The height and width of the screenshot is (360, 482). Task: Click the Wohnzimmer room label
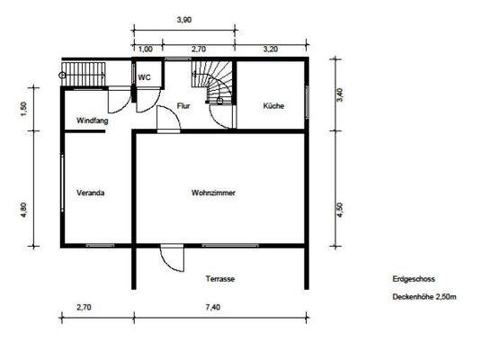coord(213,193)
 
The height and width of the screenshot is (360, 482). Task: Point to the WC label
coord(144,77)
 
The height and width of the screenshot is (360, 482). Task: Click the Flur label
coord(183,106)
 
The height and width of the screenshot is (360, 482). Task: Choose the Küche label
coord(273,106)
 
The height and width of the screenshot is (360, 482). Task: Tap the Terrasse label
coord(220,279)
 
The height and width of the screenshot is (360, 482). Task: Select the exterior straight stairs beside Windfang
coord(88,73)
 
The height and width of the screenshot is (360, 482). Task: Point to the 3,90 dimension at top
coord(184,19)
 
